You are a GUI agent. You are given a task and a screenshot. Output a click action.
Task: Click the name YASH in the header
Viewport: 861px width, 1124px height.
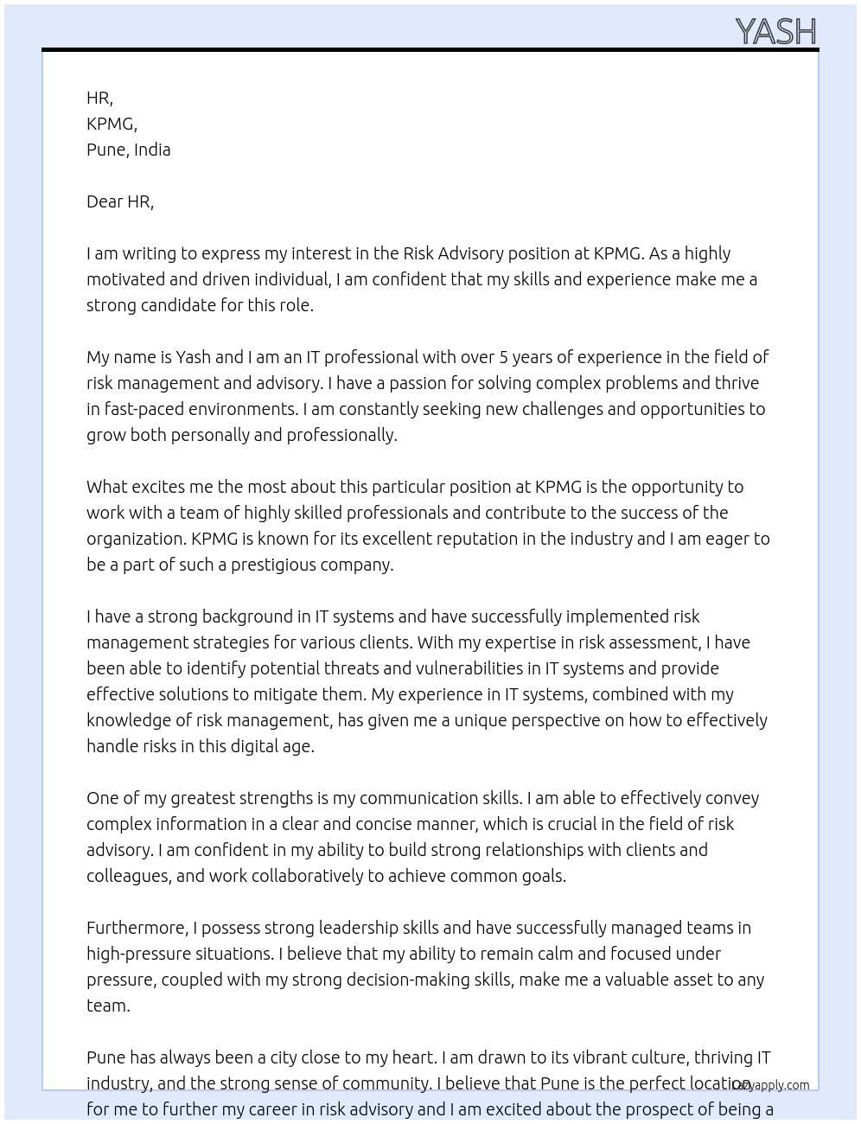coord(775,32)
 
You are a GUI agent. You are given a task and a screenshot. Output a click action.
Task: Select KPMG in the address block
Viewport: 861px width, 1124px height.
coord(112,124)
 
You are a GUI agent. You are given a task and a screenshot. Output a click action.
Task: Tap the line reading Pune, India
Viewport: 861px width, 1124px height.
coord(128,150)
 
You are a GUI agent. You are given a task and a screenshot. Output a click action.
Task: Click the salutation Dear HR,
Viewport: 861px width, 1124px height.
coord(120,201)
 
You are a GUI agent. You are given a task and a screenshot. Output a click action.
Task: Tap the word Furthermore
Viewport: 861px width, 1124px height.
coord(137,928)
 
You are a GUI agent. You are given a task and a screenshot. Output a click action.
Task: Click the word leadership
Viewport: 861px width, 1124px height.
coord(359,928)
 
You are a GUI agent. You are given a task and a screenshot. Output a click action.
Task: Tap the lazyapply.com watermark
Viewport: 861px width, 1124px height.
coord(771,1085)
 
